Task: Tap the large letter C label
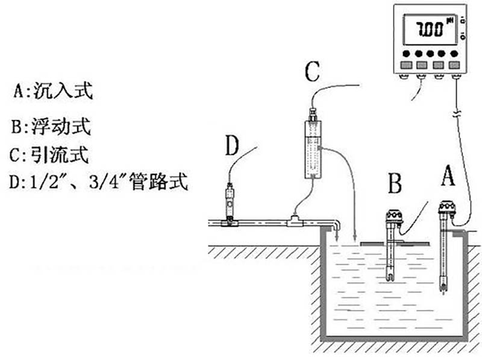311,72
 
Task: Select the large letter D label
233,146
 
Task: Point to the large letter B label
394,183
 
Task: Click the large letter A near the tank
446,175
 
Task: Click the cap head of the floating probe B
394,215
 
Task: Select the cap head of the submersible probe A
446,209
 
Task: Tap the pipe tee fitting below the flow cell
295,221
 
